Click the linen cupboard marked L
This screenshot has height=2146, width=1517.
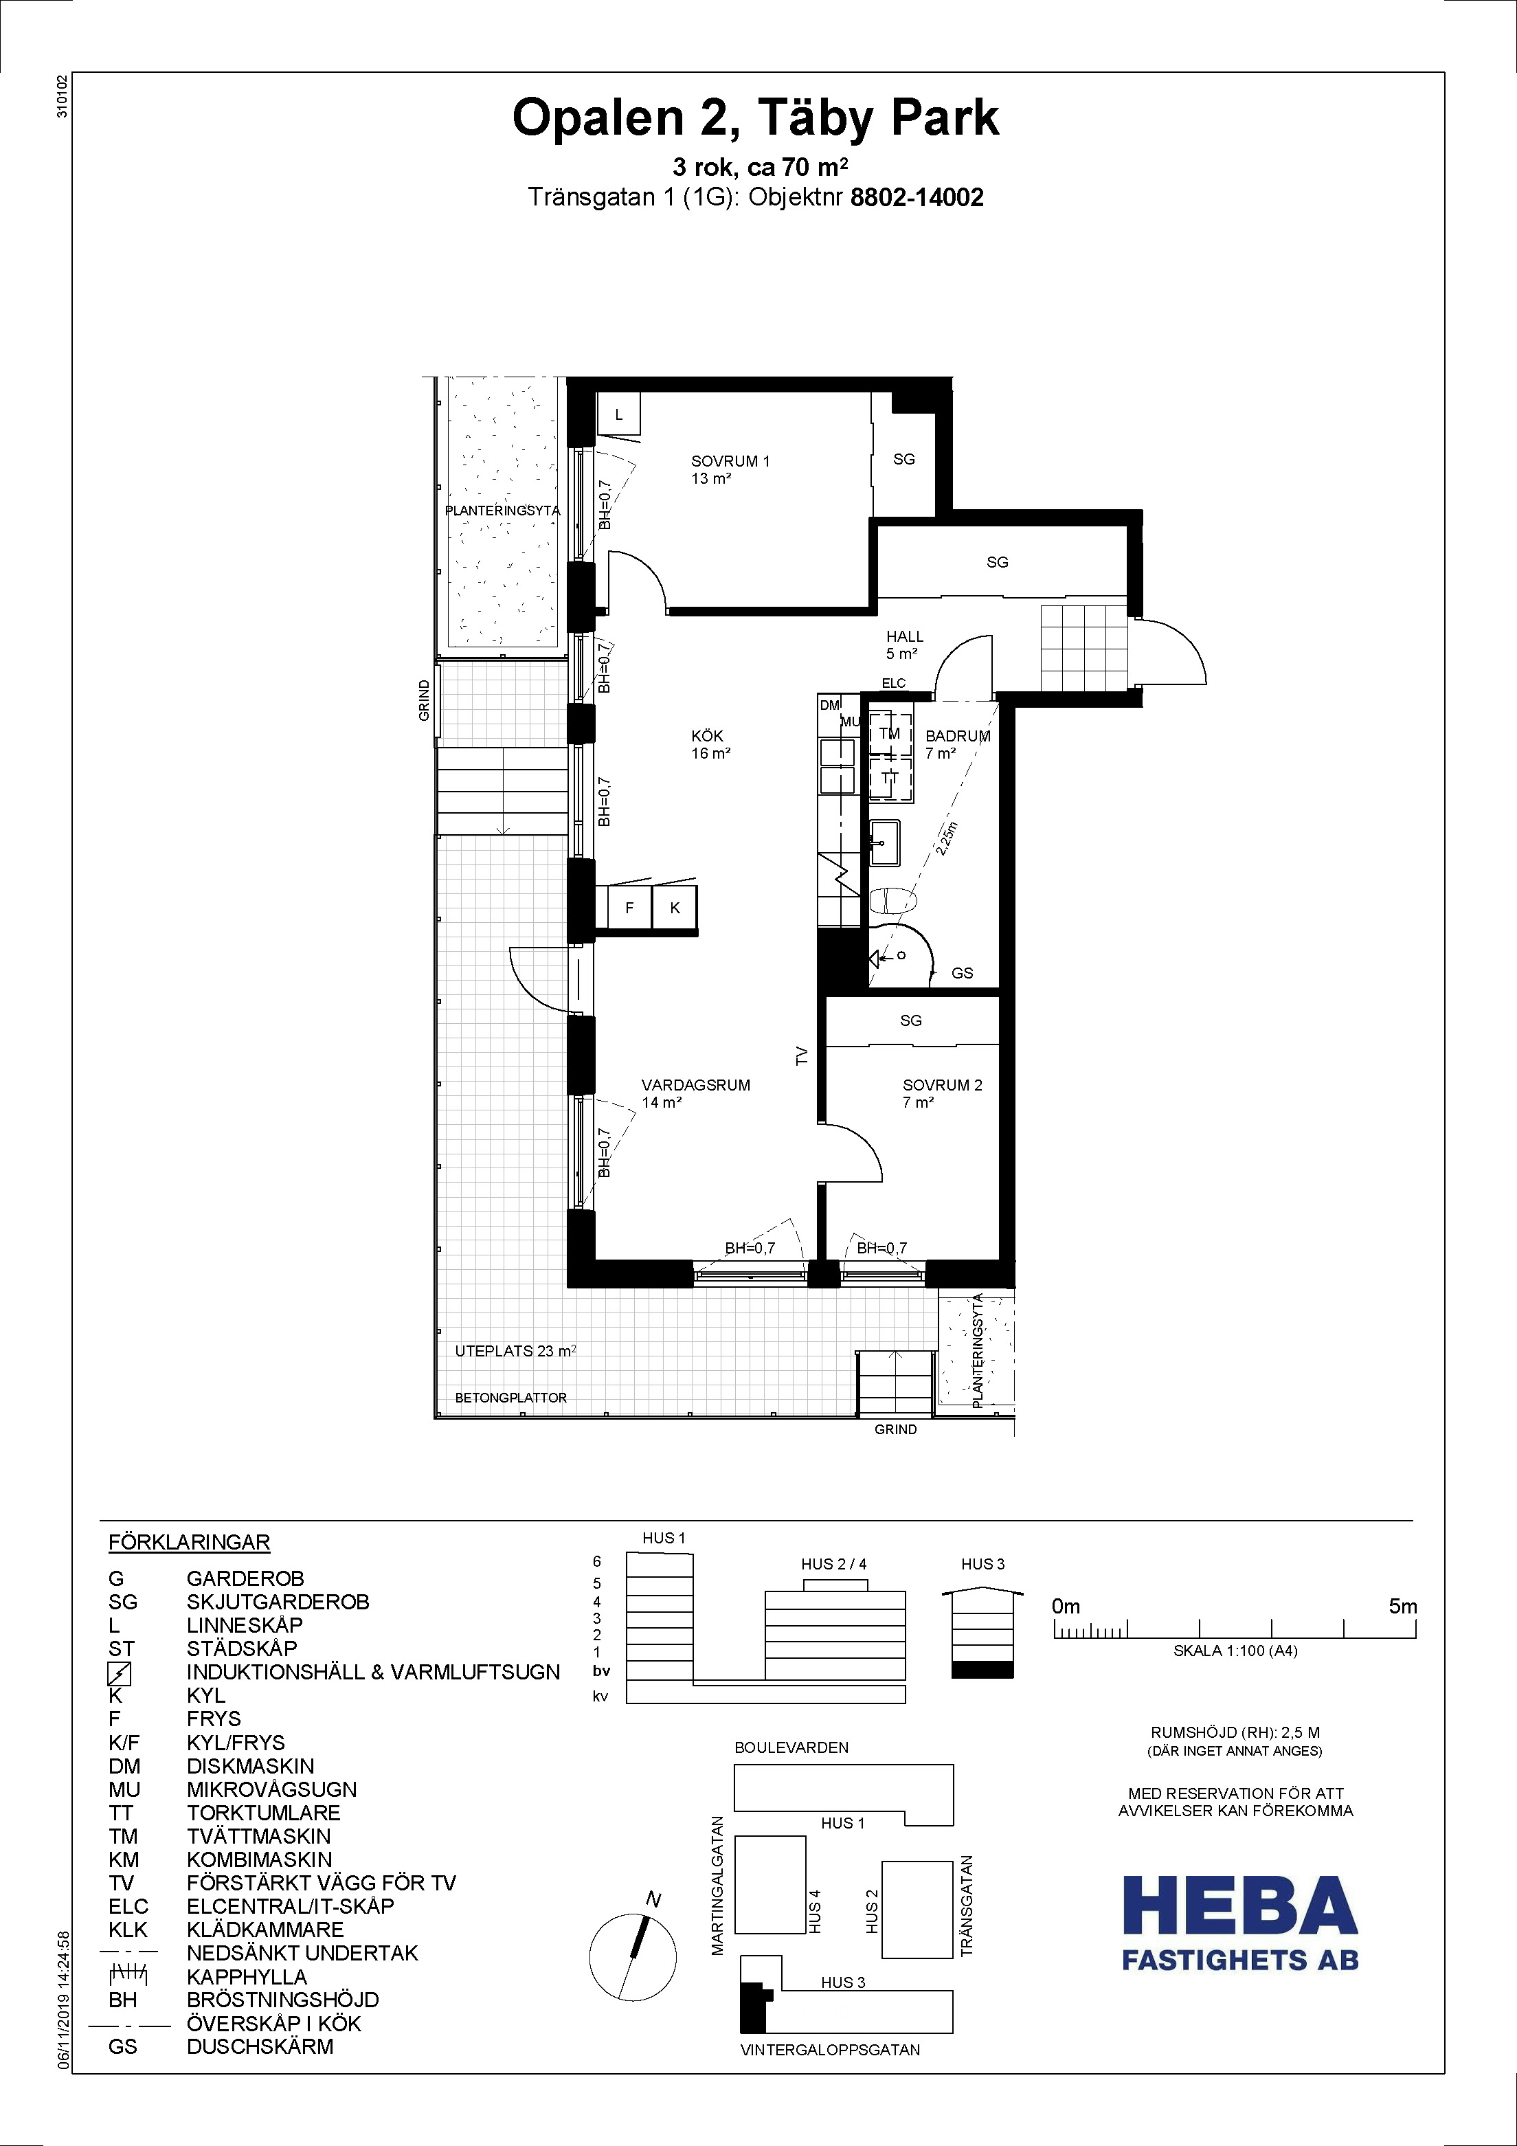click(619, 414)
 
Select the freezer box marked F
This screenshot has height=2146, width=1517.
click(629, 908)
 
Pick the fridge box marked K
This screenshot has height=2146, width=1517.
click(674, 908)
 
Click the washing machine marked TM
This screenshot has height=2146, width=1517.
click(890, 734)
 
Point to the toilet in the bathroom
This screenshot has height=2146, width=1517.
click(895, 901)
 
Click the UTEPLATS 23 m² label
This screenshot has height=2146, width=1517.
click(515, 1350)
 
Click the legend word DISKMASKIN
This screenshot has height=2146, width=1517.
click(251, 1765)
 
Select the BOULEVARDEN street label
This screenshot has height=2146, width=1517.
click(791, 1747)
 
